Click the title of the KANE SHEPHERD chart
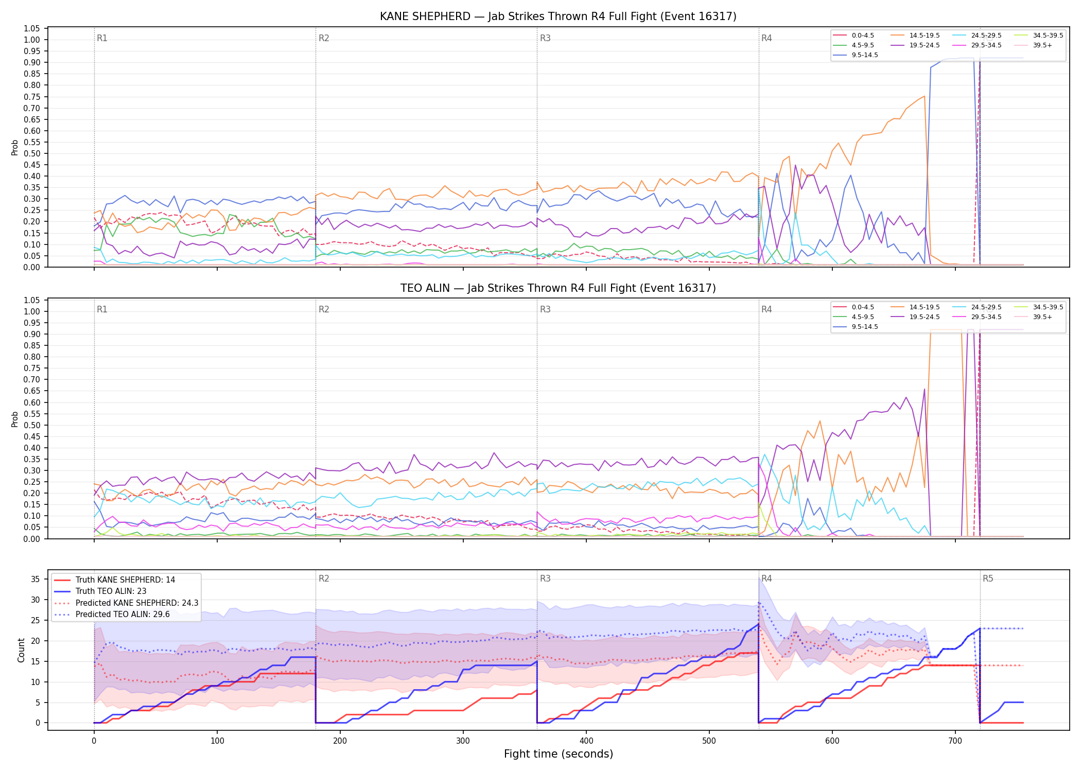[558, 16]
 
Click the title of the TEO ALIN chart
[558, 288]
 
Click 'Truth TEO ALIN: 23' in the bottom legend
[111, 591]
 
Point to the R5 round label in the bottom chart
[988, 578]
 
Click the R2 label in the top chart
[324, 38]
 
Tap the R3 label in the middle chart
[545, 309]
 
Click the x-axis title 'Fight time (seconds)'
[559, 754]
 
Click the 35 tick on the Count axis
[36, 579]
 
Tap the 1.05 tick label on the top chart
[32, 28]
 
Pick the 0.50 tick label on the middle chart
[32, 425]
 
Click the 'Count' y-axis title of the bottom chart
[21, 650]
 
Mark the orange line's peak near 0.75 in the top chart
[925, 96]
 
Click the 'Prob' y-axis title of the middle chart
[15, 419]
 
